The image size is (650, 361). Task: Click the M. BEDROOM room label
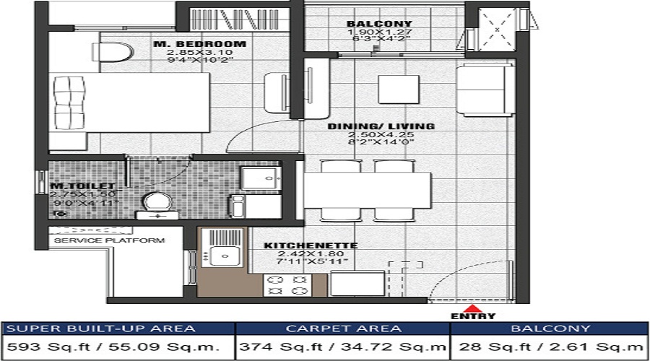click(x=200, y=44)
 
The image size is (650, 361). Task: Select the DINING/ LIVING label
click(x=381, y=126)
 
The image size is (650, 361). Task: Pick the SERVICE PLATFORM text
click(x=110, y=240)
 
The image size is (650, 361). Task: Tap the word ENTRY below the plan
click(x=473, y=316)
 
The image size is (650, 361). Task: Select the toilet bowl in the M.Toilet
click(x=154, y=202)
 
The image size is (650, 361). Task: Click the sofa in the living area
click(x=485, y=89)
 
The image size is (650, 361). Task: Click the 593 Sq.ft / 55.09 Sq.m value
click(x=118, y=348)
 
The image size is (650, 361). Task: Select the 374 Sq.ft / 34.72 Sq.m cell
click(x=343, y=348)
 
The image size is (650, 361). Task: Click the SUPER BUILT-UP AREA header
click(x=101, y=329)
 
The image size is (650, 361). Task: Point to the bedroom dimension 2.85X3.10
click(x=200, y=53)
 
